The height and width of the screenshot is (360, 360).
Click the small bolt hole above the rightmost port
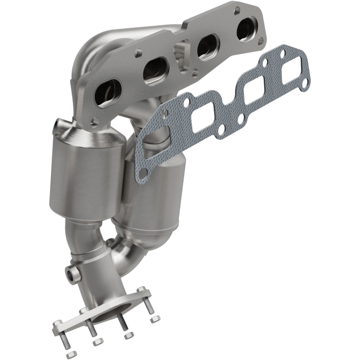[237, 8]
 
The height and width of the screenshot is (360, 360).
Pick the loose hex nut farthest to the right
[155, 319]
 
